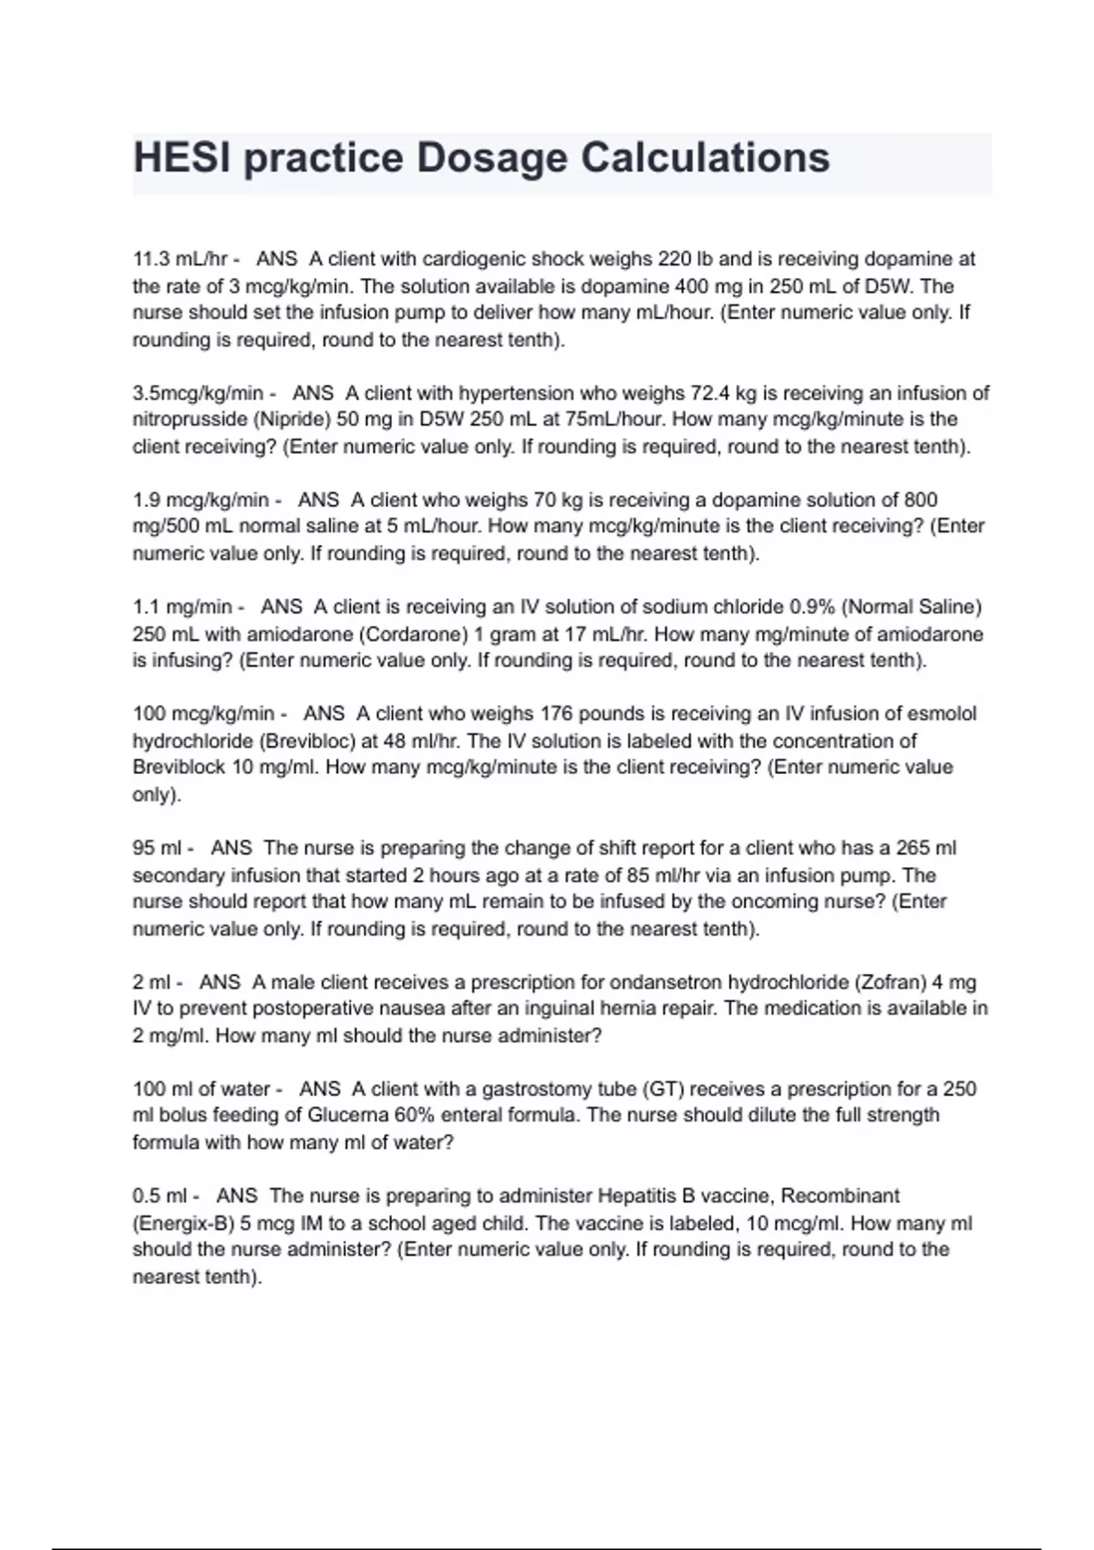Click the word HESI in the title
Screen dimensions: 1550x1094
pyautogui.click(x=178, y=158)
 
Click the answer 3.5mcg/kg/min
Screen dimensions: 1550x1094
pyautogui.click(x=197, y=393)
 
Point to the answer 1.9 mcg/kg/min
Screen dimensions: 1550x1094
pyautogui.click(x=201, y=500)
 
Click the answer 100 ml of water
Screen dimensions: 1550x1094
pyautogui.click(x=201, y=1089)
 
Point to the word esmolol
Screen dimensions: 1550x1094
pyautogui.click(x=942, y=713)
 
